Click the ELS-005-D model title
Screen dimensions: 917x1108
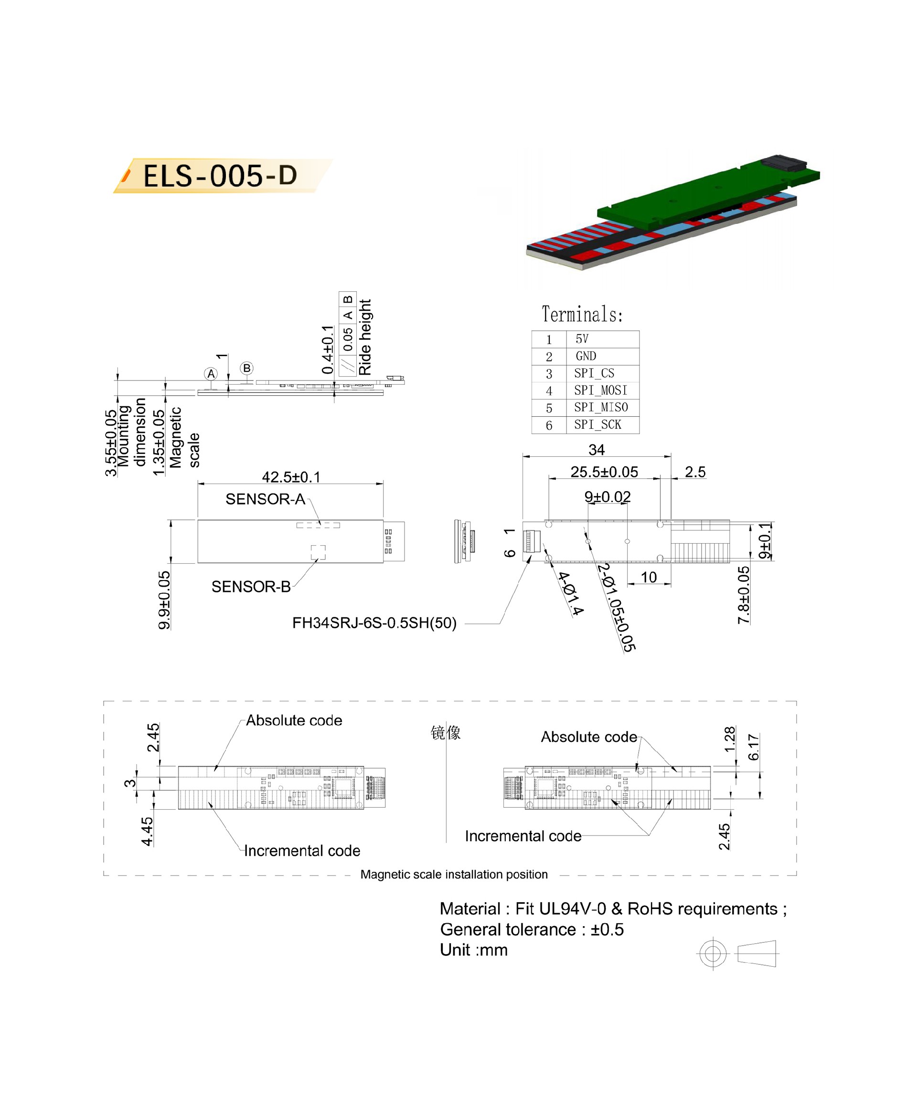pos(220,175)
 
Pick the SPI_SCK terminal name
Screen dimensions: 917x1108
pos(597,424)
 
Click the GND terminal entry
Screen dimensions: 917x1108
pos(586,356)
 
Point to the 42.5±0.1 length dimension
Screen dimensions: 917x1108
pos(291,477)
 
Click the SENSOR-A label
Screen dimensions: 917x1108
pos(265,499)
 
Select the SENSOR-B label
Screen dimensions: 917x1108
pos(251,587)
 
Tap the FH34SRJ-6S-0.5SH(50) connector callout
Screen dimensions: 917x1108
pos(374,623)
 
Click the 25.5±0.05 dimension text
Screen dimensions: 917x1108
pos(604,472)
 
